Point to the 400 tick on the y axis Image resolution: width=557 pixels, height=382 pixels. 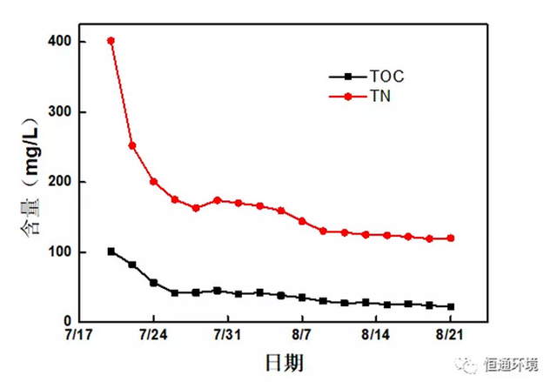60,42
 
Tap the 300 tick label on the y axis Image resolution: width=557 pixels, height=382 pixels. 60,112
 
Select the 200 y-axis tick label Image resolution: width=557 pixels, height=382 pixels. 60,182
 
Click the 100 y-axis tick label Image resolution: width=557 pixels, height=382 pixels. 60,252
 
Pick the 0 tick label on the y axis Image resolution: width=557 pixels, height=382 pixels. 67,322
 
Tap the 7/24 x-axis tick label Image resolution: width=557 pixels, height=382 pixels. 153,335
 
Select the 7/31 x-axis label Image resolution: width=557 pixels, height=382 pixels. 227,335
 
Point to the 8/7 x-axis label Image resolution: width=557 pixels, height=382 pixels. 302,335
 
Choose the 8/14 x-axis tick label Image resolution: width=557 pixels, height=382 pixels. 376,335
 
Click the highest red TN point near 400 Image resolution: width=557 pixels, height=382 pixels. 111,41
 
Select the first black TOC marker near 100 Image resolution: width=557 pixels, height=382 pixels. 111,251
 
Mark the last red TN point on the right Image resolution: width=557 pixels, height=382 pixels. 451,238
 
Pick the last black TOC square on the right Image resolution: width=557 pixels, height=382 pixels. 451,306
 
